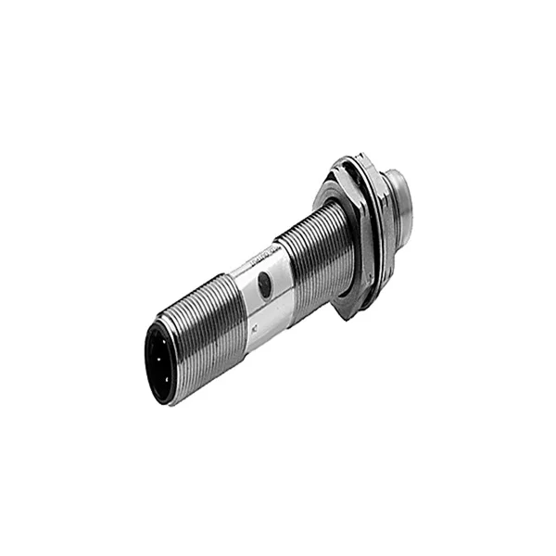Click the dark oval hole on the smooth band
pos(265,286)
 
